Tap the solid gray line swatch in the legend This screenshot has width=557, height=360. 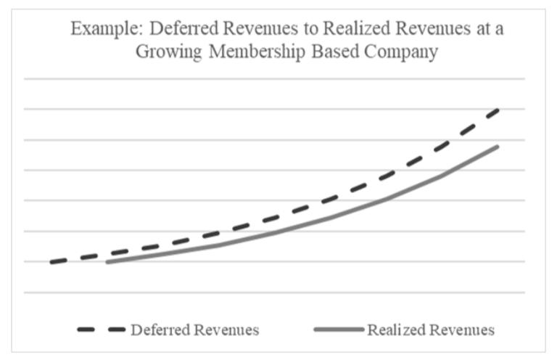click(x=338, y=330)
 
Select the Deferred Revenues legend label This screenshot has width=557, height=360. click(x=194, y=330)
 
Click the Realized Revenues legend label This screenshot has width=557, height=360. click(x=431, y=330)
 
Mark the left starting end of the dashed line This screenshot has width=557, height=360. click(x=51, y=262)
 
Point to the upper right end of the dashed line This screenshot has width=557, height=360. click(x=499, y=110)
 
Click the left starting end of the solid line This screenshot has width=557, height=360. click(x=107, y=262)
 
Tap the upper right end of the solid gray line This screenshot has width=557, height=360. click(x=498, y=147)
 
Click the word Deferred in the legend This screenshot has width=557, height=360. click(x=161, y=330)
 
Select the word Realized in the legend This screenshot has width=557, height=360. click(x=397, y=330)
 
